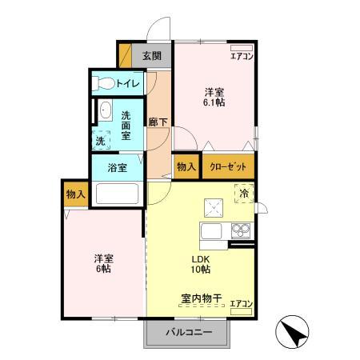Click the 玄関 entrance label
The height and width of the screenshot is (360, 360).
click(x=153, y=56)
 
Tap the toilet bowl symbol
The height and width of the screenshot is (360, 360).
click(x=102, y=83)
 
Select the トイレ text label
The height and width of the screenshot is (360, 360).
click(x=128, y=83)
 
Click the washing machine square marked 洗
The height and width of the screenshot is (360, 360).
click(x=101, y=140)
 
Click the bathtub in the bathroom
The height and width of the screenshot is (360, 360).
click(x=117, y=194)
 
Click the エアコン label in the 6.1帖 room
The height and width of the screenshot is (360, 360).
click(x=242, y=56)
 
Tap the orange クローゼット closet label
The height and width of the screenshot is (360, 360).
click(x=228, y=166)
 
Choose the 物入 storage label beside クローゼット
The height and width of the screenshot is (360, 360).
click(x=186, y=166)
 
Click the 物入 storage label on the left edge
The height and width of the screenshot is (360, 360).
click(x=75, y=194)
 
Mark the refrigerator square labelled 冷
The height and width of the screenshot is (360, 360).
click(x=243, y=192)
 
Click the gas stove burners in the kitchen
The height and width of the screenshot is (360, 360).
click(x=240, y=231)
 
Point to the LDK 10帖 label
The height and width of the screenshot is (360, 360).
click(x=200, y=265)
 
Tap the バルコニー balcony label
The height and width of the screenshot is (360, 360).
click(x=190, y=332)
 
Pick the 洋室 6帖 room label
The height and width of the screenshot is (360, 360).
click(x=102, y=264)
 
